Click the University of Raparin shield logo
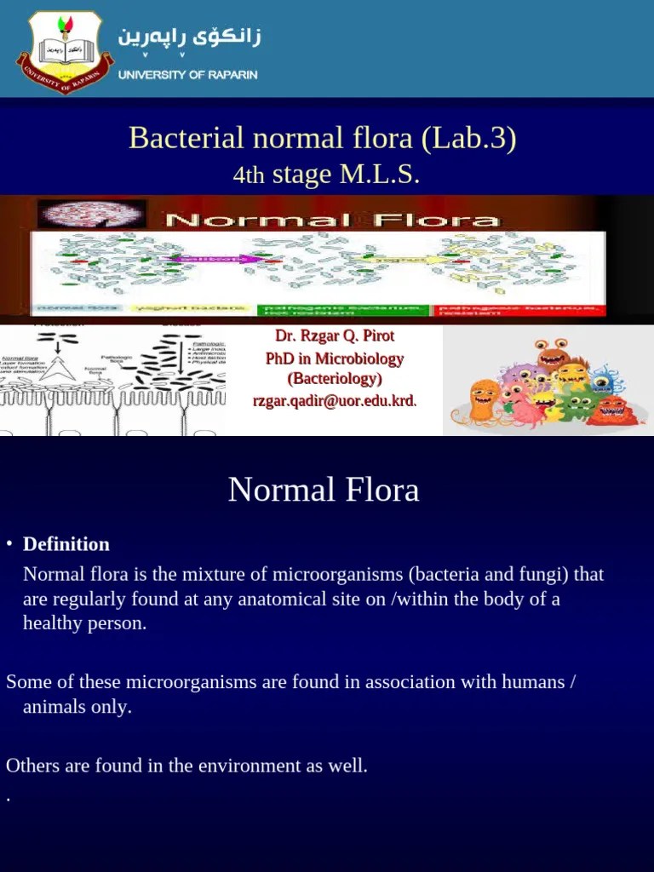coord(65,50)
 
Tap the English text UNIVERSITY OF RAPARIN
coord(187,74)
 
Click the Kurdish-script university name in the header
coord(189,38)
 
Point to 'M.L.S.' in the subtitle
coord(380,175)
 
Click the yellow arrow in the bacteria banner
coord(405,258)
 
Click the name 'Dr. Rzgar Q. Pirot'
coord(335,336)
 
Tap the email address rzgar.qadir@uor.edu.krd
coord(335,400)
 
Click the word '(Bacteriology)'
coord(335,379)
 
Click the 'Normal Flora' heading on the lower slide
coord(324,490)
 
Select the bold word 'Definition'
coord(66,544)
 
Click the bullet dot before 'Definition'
coord(9,545)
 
